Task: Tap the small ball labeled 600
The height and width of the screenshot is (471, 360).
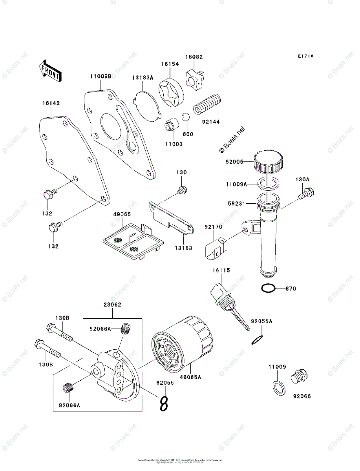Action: click(186, 118)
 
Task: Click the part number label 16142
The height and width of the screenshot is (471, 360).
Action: click(51, 103)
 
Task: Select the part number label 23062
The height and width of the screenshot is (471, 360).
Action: click(113, 304)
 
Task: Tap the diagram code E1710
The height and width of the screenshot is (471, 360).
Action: click(305, 57)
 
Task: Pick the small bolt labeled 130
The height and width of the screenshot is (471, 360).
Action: click(181, 191)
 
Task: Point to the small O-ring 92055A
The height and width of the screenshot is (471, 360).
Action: click(257, 340)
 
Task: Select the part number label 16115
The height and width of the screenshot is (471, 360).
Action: click(221, 270)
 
